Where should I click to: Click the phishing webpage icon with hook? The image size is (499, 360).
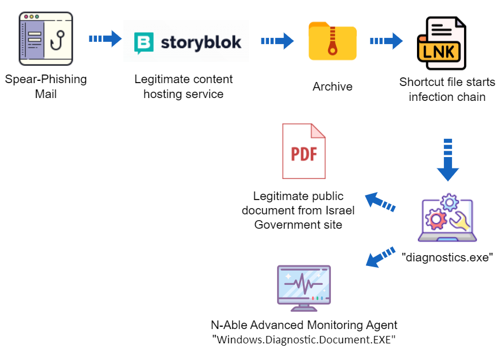point(46,39)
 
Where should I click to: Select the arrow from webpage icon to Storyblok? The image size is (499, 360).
point(106,39)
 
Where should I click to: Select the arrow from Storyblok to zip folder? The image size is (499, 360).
point(278,41)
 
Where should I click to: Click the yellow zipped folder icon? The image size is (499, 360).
point(333,41)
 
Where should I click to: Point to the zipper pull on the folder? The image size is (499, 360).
point(333,50)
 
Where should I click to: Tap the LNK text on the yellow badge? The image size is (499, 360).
point(439,52)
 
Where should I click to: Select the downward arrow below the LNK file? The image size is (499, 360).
point(448,159)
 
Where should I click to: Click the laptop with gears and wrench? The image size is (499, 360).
point(447,219)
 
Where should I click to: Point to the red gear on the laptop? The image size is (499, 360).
point(436,218)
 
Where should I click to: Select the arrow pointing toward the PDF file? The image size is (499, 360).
point(380,202)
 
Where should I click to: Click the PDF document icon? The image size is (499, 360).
point(304,151)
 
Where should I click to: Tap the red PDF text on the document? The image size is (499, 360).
point(304,154)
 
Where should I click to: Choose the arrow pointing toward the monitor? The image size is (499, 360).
point(380,257)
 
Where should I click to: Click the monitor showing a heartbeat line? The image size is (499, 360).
point(304,287)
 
